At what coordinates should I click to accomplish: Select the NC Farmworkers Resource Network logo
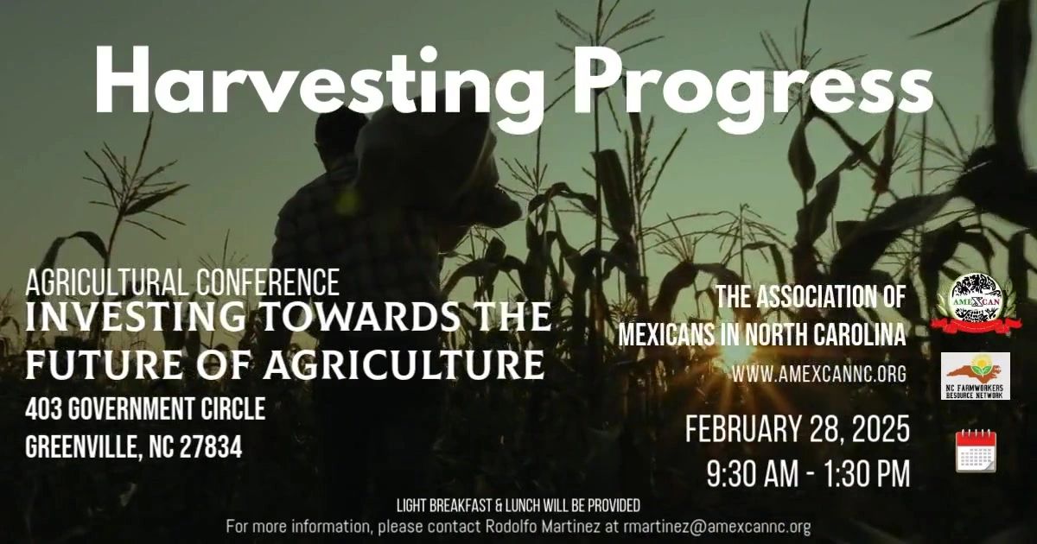(976, 376)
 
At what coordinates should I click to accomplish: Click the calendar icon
(976, 451)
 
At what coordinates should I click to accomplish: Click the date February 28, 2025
(797, 429)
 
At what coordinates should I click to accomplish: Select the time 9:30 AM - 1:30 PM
(808, 475)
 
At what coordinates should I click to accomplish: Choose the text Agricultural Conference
(182, 281)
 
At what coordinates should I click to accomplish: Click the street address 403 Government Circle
(145, 408)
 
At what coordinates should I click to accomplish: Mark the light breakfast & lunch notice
(518, 505)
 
